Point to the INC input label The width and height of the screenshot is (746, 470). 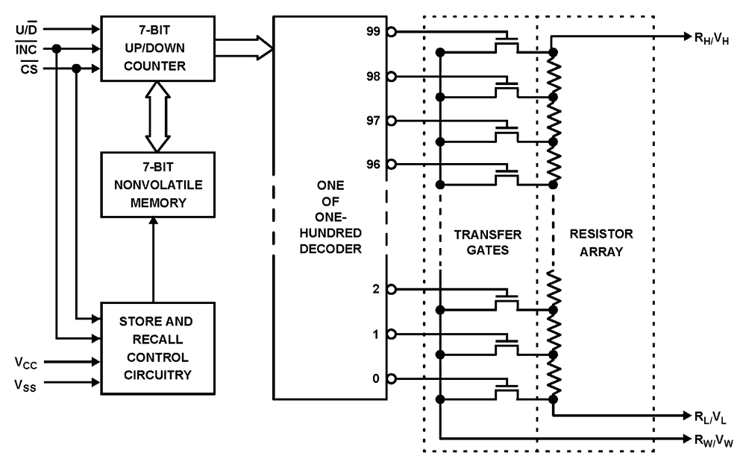(24, 49)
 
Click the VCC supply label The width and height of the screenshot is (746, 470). (25, 363)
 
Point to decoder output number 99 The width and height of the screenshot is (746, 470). (374, 32)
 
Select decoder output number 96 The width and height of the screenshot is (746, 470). (374, 164)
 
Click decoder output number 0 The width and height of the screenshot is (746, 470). (377, 378)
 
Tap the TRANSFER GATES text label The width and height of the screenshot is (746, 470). (488, 242)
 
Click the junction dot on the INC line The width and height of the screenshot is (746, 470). (57, 49)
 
